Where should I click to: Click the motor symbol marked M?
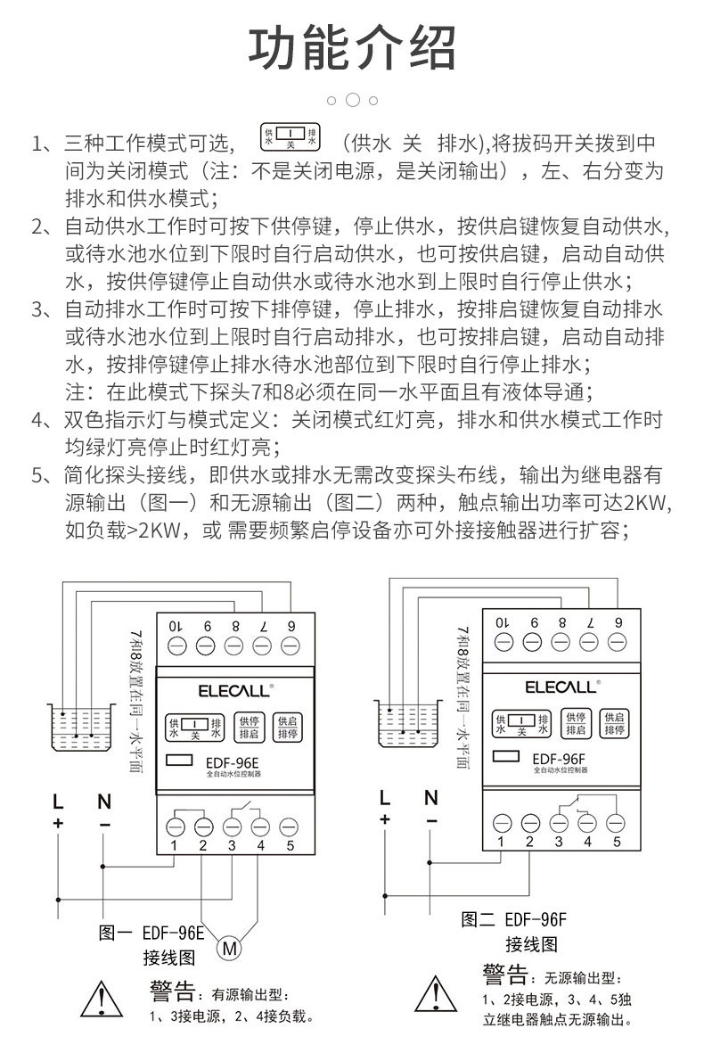tap(229, 947)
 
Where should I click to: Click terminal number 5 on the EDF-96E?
tap(289, 844)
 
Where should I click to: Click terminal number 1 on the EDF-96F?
tap(502, 840)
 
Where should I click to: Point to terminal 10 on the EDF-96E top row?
tap(176, 625)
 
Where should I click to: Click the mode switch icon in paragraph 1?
tap(288, 135)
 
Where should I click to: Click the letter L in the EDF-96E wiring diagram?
tap(58, 800)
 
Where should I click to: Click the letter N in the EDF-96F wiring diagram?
tap(431, 797)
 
